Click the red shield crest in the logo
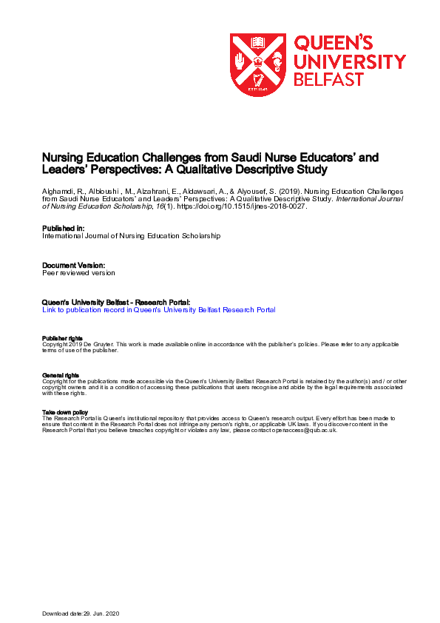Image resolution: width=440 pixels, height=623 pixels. [257, 64]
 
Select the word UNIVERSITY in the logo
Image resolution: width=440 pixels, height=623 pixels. [350, 61]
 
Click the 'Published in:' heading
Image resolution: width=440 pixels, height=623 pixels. [64, 229]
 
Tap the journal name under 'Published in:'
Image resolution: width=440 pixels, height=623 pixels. [131, 236]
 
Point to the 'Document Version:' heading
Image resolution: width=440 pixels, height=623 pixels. [73, 265]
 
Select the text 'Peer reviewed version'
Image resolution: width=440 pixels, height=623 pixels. [78, 272]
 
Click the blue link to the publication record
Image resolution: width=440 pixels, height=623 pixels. [159, 310]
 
